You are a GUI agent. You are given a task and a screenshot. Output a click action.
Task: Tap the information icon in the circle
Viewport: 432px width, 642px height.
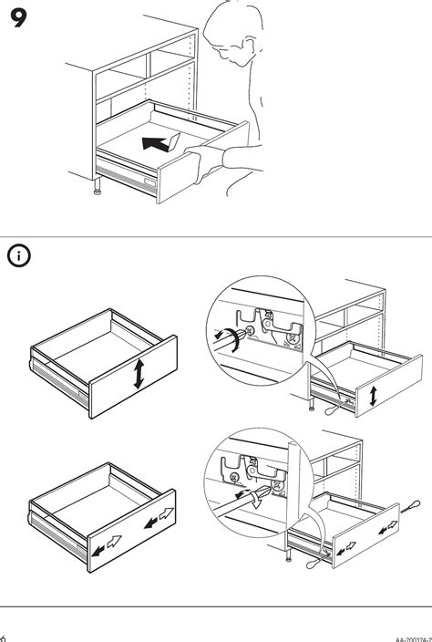(x=19, y=256)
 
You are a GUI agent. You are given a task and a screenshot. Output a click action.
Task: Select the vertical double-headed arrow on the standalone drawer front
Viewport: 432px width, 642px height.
(x=137, y=374)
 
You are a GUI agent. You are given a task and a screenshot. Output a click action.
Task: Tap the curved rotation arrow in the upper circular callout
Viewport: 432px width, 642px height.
(x=231, y=340)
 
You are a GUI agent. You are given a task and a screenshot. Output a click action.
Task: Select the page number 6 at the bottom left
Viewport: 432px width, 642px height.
(x=4, y=637)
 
